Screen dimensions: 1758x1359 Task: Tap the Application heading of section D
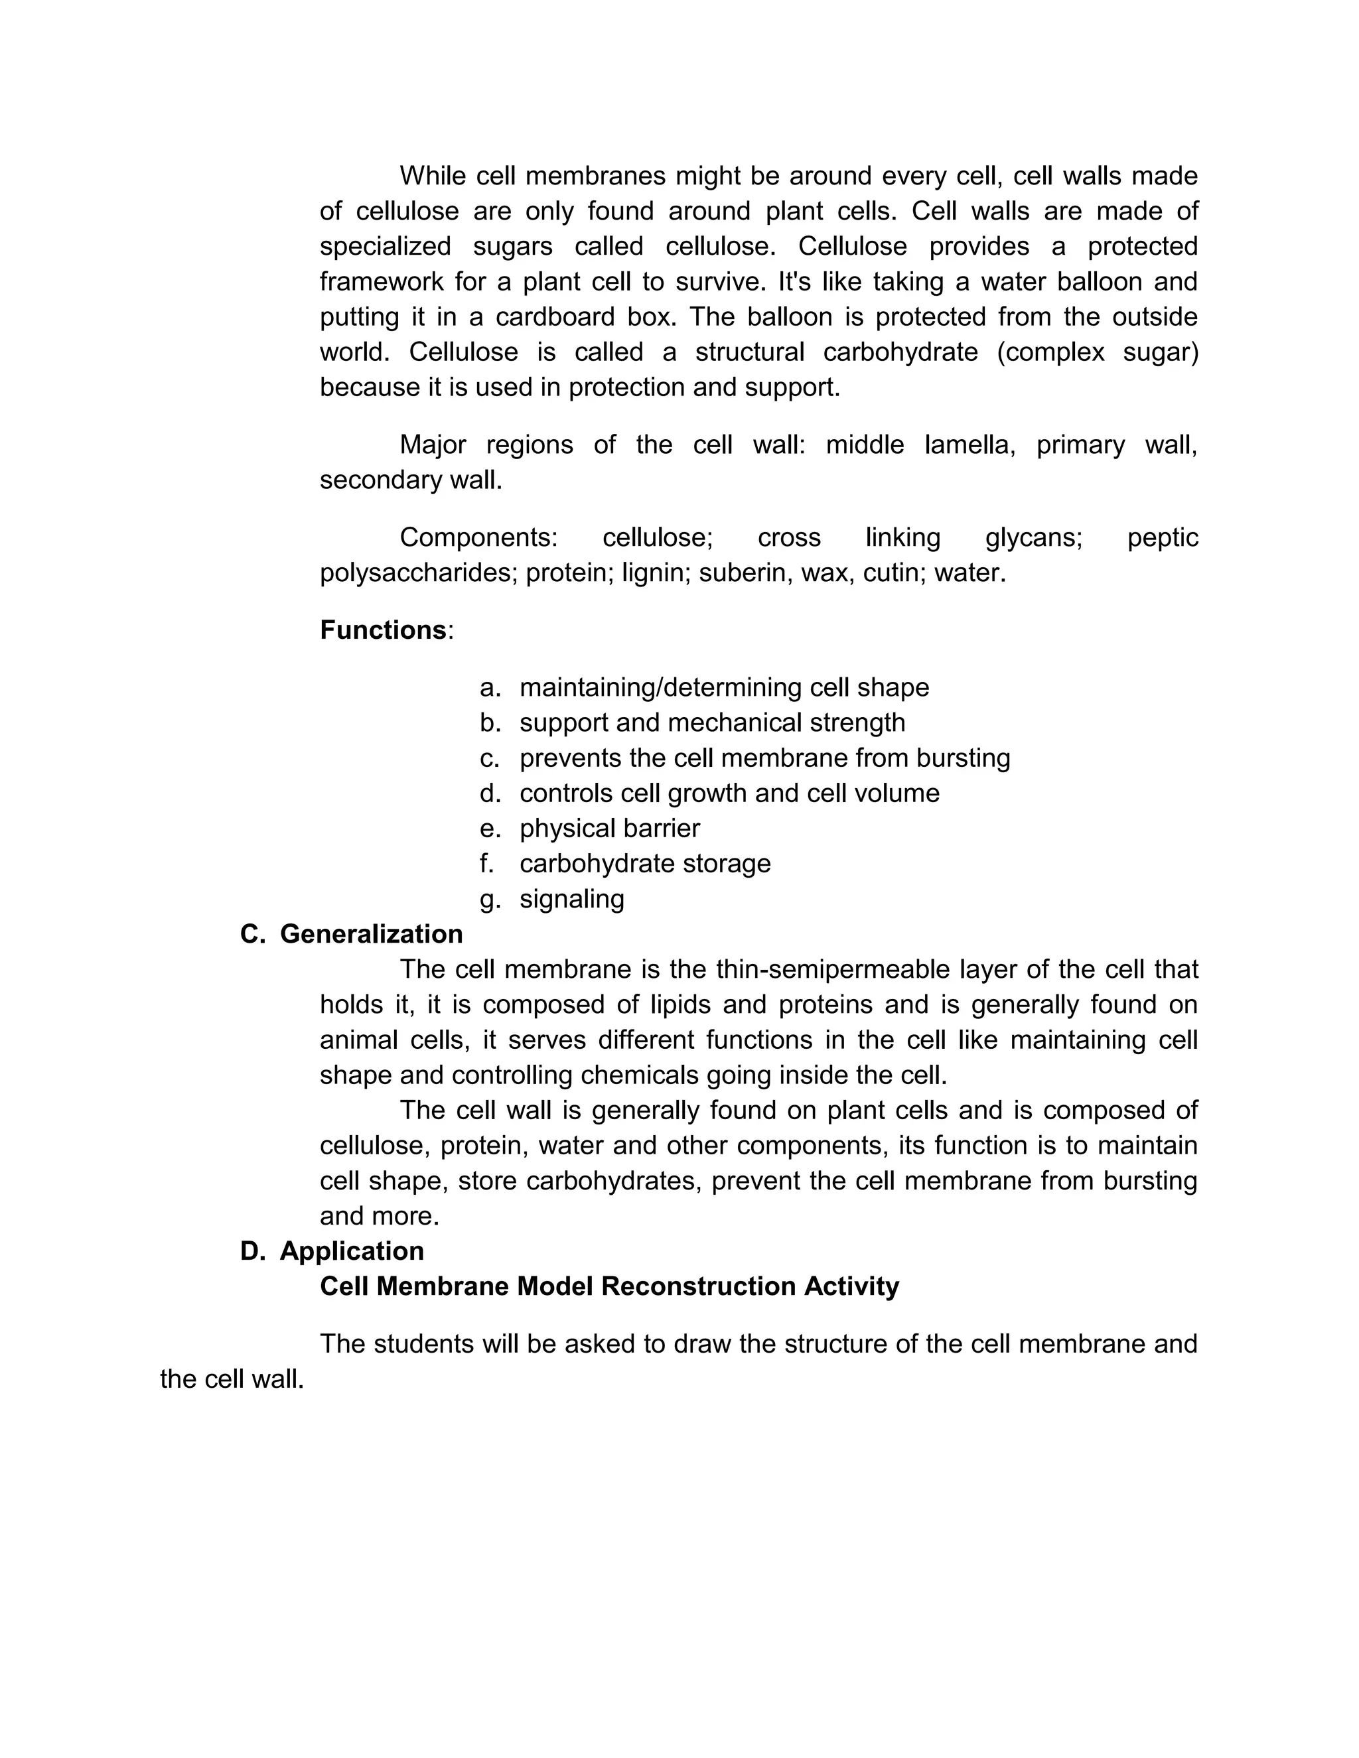click(352, 1251)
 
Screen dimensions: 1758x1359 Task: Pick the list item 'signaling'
click(571, 898)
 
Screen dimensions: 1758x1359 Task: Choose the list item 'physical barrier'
click(609, 829)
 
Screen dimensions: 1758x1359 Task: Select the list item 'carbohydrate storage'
click(645, 864)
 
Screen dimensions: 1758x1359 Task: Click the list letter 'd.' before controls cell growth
click(490, 793)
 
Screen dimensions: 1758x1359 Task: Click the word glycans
click(1034, 538)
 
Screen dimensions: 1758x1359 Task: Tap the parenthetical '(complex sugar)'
click(1098, 352)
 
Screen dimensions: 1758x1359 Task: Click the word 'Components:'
click(478, 538)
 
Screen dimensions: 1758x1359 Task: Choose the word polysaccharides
click(419, 573)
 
